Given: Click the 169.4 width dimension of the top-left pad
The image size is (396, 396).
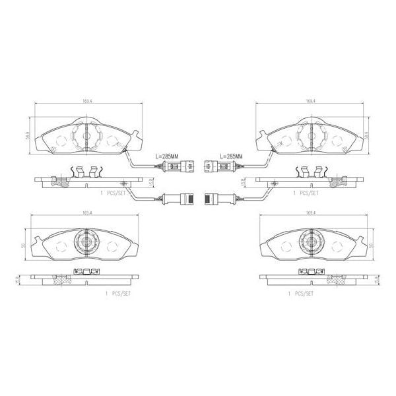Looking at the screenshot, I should point(86,101).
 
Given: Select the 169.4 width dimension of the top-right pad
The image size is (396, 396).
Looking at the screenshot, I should point(310,101).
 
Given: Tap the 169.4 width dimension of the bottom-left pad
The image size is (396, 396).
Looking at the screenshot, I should point(86,213).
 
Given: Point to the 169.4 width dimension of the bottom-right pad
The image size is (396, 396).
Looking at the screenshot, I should point(310,213).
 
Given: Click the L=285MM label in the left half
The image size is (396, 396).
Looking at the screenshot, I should point(166,156).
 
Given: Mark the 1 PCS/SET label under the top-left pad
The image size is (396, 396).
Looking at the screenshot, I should point(111,195).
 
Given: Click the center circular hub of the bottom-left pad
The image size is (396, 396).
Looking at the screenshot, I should point(86,242).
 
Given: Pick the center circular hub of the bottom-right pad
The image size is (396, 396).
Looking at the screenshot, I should point(310,242).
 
